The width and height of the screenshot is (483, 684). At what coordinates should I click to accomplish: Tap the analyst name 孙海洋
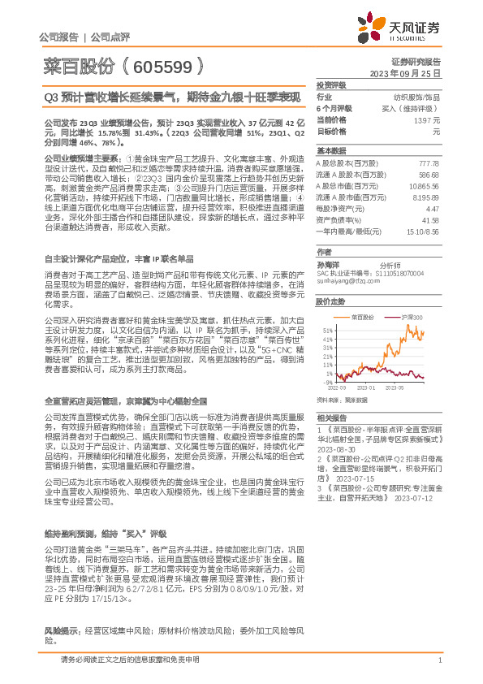(x=328, y=266)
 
